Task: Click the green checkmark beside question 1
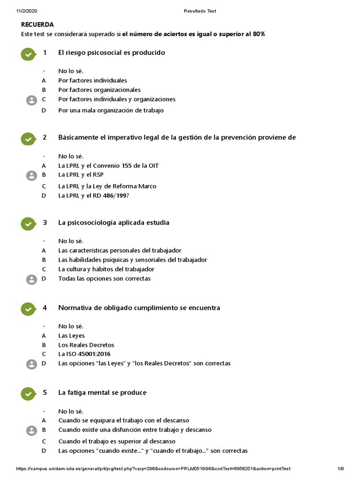(28, 54)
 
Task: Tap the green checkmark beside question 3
(28, 224)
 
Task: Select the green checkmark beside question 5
(28, 394)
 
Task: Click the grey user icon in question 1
(31, 100)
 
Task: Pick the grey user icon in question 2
(31, 176)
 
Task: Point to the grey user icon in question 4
(31, 364)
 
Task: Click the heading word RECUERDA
(37, 24)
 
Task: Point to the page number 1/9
(341, 469)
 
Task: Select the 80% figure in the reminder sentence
(259, 34)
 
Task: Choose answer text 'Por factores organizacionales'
(99, 90)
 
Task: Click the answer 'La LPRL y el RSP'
(81, 174)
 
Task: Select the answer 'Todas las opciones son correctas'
(104, 278)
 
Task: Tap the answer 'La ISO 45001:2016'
(84, 354)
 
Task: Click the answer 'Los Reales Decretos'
(86, 345)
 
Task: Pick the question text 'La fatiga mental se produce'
(102, 392)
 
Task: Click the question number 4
(45, 307)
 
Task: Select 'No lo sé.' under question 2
(71, 156)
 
